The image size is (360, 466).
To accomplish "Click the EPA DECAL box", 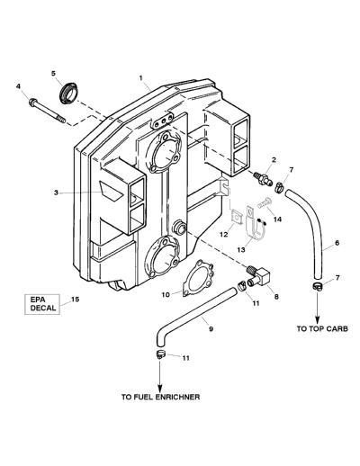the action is coord(42,304).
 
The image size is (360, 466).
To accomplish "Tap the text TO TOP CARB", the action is coord(322,328).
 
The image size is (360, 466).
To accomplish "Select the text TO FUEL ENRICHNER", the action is coord(160,397).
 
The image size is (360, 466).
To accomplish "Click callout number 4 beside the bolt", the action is coord(19,86).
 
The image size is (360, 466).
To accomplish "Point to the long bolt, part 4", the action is coord(47,111).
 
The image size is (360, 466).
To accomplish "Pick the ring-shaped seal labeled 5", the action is coord(69,93).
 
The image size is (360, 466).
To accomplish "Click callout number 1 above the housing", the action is coord(140,77).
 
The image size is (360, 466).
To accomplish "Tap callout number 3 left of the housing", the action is coord(56,193).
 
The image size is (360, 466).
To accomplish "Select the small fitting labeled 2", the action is coord(263,178).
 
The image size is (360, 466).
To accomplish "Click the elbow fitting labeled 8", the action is coord(258,276).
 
